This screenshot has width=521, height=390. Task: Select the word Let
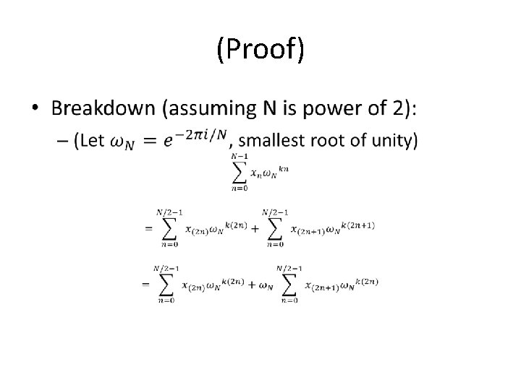click(92, 141)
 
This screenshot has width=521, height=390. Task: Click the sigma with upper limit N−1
click(240, 172)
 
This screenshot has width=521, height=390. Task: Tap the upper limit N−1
click(240, 156)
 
